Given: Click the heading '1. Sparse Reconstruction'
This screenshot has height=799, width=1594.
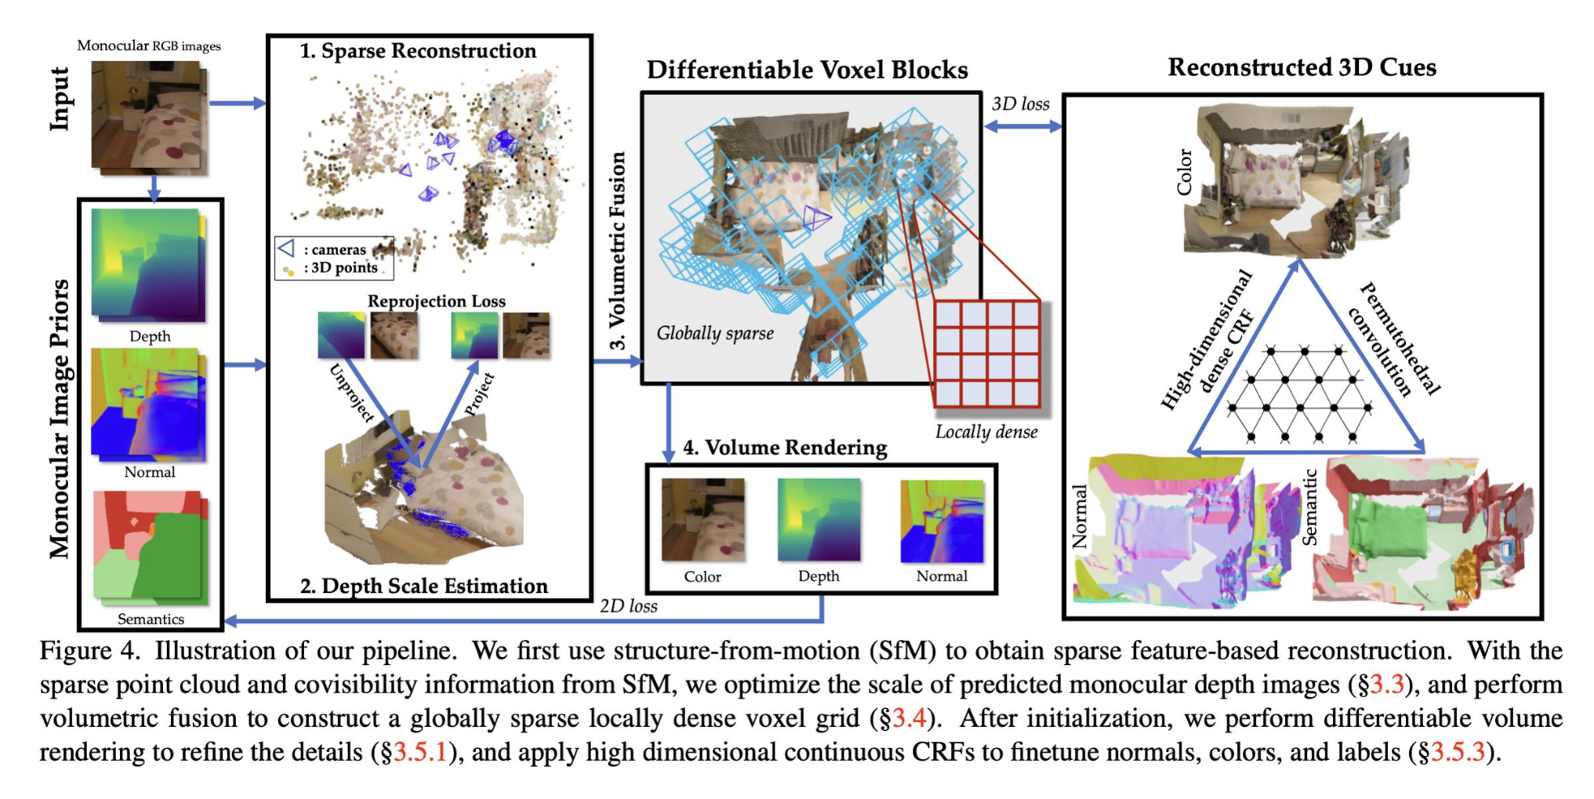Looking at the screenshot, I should coord(418,51).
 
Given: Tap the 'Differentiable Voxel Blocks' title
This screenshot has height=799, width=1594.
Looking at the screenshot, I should coord(807,70).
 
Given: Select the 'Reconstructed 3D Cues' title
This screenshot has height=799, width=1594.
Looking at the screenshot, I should coord(1302,67).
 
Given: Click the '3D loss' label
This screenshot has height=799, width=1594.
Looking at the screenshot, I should coord(1020,104).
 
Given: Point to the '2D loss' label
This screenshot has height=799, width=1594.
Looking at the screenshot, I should coord(628,606).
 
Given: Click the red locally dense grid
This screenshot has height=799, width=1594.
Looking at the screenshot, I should coord(987,354).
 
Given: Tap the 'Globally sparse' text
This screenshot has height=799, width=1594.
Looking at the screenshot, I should coord(714,333).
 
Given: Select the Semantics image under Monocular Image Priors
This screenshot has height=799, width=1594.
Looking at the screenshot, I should coord(150,546).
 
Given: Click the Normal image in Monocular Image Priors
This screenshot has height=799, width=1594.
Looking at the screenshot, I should coord(148,404).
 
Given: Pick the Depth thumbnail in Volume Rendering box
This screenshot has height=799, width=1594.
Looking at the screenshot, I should coord(819,520).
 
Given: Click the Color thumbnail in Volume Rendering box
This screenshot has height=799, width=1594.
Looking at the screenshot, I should coord(703,520).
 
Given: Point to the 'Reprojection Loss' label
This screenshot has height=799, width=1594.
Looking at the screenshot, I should coord(436,301).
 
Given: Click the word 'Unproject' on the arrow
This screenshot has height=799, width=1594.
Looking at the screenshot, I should coord(352,393).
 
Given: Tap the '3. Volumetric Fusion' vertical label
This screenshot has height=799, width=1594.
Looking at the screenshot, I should coord(618,251).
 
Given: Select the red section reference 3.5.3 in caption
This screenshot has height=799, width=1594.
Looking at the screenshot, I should coord(1458,752).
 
